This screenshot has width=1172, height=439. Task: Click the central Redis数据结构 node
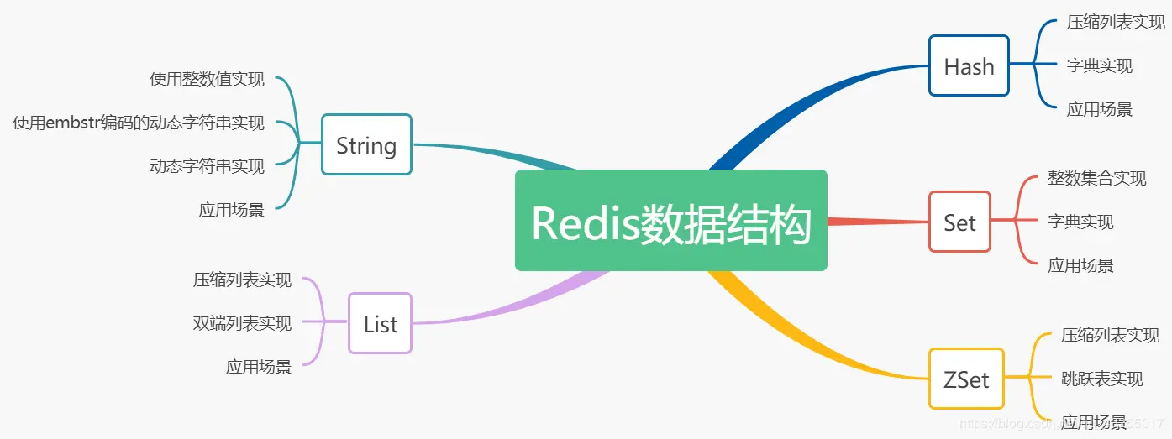pyautogui.click(x=670, y=220)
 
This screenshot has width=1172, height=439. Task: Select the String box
pyautogui.click(x=367, y=144)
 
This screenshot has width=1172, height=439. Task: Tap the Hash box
pyautogui.click(x=969, y=65)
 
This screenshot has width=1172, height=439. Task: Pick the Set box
pyautogui.click(x=959, y=222)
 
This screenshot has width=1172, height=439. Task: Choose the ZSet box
pyautogui.click(x=966, y=379)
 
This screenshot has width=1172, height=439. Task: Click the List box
pyautogui.click(x=381, y=323)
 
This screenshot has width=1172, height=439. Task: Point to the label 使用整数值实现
pyautogui.click(x=208, y=80)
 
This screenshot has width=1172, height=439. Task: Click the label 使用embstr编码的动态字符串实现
pyautogui.click(x=139, y=123)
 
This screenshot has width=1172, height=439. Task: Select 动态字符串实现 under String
pyautogui.click(x=208, y=166)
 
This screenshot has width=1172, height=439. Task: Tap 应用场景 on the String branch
pyautogui.click(x=231, y=210)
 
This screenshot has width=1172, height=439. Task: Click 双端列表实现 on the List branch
pyautogui.click(x=242, y=323)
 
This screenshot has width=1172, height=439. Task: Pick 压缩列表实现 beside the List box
pyautogui.click(x=242, y=280)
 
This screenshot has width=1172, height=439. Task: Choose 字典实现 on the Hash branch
pyautogui.click(x=1099, y=65)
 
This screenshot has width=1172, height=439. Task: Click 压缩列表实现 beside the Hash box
pyautogui.click(x=1116, y=23)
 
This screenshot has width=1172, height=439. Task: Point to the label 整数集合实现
pyautogui.click(x=1096, y=178)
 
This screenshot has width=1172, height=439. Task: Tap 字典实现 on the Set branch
pyautogui.click(x=1080, y=222)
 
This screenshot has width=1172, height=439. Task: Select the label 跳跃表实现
pyautogui.click(x=1102, y=379)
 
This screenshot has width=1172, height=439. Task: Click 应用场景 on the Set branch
pyautogui.click(x=1080, y=265)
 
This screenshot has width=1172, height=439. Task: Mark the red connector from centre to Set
pyautogui.click(x=878, y=222)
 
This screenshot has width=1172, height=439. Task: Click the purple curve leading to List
pyautogui.click(x=515, y=305)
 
